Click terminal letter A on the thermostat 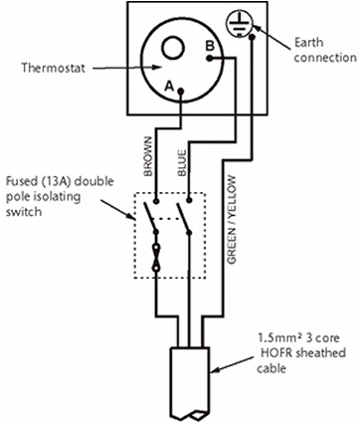pos(170,87)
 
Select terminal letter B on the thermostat pos(210,46)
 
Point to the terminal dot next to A pos(181,95)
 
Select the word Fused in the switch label pos(20,183)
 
